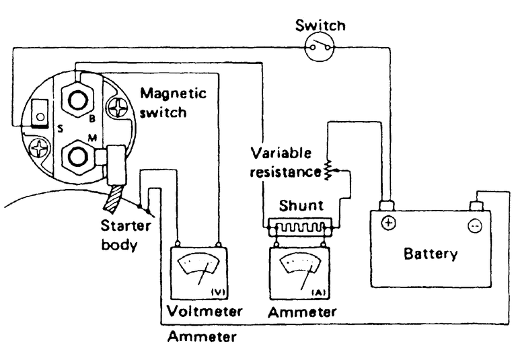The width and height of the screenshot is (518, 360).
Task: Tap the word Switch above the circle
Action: tap(321, 26)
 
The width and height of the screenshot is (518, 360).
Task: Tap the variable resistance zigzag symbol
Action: tap(329, 170)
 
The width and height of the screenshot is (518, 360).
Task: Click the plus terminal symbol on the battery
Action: tap(388, 223)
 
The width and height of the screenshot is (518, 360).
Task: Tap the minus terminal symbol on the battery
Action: tap(475, 226)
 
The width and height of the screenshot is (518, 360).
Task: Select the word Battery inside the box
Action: tap(431, 254)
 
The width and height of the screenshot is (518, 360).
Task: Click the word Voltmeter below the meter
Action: tap(205, 313)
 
